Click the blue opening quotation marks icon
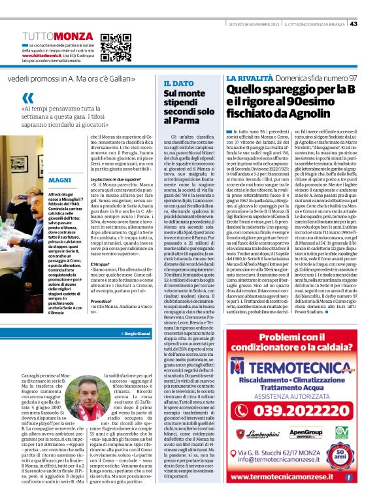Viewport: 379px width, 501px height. pos(27,99)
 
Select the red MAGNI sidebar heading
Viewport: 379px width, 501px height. pos(59,179)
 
